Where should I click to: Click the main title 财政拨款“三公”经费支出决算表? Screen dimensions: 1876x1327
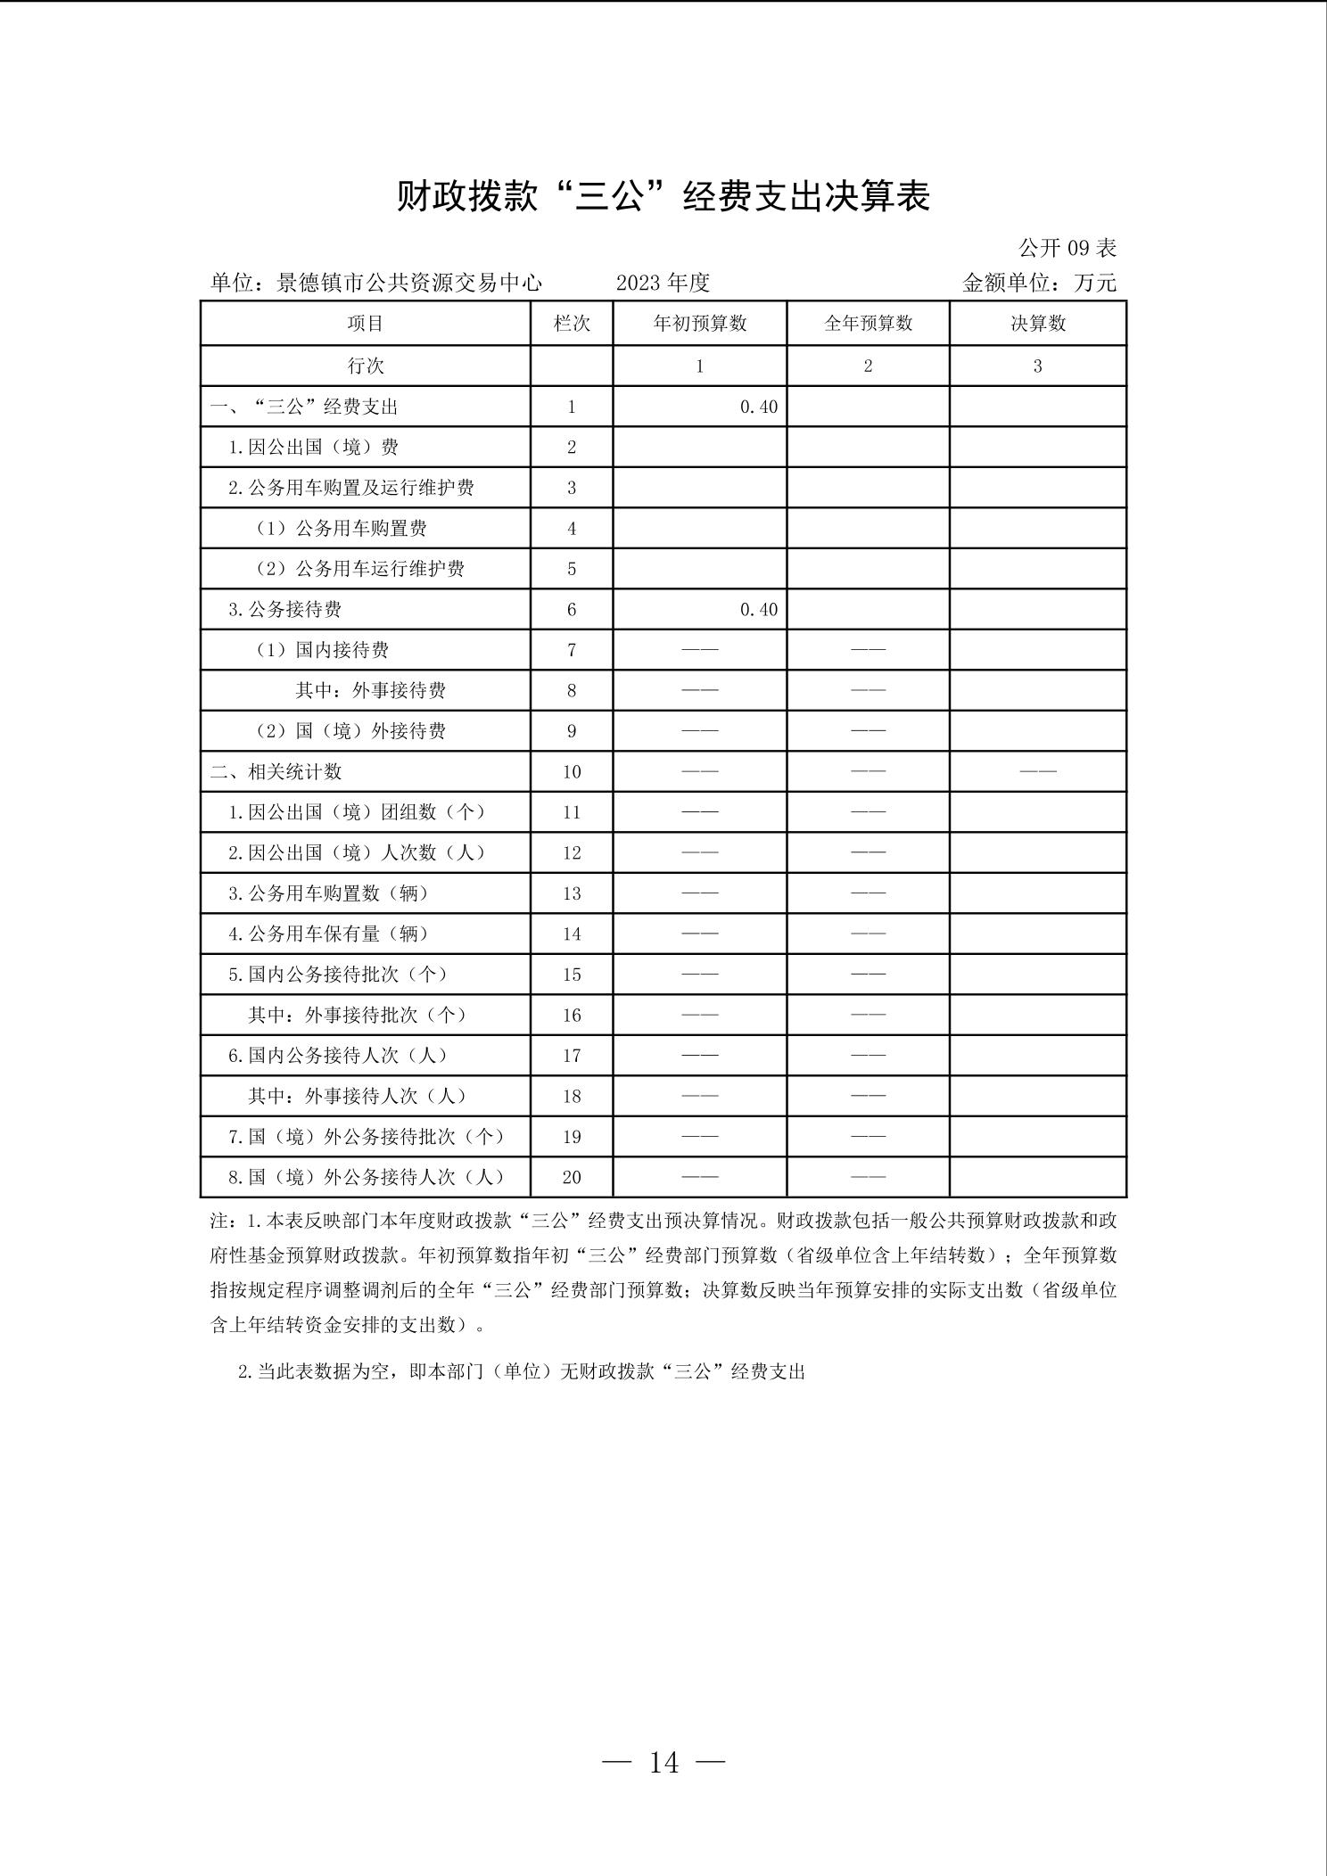coord(663,196)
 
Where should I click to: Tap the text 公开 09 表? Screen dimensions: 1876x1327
coord(1067,248)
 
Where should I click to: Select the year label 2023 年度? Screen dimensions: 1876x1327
coord(663,284)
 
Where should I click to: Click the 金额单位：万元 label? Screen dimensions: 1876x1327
coord(1039,284)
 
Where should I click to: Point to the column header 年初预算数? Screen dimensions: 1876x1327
coord(700,324)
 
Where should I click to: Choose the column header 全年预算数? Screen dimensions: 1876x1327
coord(868,324)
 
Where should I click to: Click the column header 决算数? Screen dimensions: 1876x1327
coord(1038,324)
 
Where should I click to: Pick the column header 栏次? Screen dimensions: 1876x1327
coord(572,324)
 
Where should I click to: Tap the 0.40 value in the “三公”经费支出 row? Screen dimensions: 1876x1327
coord(759,407)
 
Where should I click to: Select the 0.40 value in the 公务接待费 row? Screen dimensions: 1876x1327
coord(759,610)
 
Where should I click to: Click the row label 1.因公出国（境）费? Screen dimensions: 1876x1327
coord(313,448)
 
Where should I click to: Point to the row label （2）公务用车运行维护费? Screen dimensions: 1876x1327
coord(359,569)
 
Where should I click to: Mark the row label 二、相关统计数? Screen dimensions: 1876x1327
coord(276,772)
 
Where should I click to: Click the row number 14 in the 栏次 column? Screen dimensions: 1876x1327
coord(572,934)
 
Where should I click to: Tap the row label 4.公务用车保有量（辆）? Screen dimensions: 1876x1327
coord(329,934)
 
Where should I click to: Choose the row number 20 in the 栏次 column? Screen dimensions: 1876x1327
coord(572,1178)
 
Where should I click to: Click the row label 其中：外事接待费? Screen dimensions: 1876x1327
coord(370,691)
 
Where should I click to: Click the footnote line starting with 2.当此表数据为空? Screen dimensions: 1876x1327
coord(521,1372)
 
